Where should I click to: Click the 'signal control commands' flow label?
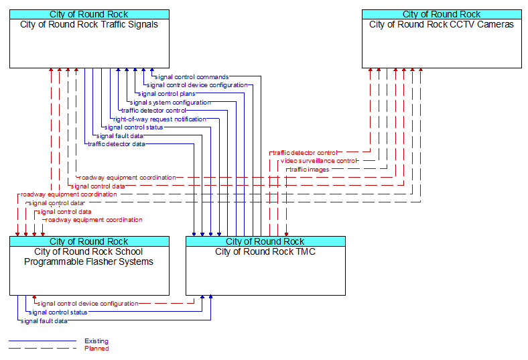(x=192, y=77)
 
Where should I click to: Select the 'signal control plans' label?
(x=166, y=94)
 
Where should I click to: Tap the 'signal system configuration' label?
(x=170, y=103)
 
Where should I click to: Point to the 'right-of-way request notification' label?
(x=159, y=119)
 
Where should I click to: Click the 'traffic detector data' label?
(x=117, y=144)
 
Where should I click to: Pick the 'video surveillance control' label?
(x=318, y=161)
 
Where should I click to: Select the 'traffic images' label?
(x=309, y=170)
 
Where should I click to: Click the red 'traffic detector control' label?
(x=304, y=153)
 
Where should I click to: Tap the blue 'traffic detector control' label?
(x=153, y=111)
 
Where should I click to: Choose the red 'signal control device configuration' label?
(x=88, y=304)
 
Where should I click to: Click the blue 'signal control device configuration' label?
(x=197, y=85)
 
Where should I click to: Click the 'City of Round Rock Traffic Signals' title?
(x=89, y=25)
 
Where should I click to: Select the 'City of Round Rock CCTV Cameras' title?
(x=442, y=25)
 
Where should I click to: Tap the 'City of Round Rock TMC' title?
(x=265, y=251)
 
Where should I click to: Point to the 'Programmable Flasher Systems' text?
(x=88, y=261)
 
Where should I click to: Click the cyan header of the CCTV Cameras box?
(x=442, y=15)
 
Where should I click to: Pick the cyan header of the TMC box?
(x=266, y=241)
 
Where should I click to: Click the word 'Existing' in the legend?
(x=96, y=341)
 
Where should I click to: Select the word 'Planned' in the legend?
(x=96, y=348)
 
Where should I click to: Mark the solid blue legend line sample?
(x=42, y=341)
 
